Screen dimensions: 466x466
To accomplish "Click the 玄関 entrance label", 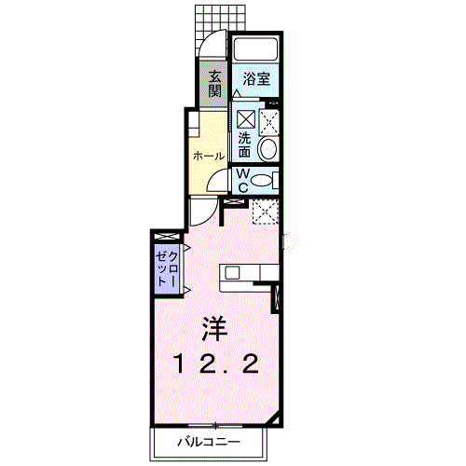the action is [x=215, y=84].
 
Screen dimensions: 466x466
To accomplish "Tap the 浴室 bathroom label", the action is [x=256, y=79].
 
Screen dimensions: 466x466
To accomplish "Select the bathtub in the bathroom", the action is [x=255, y=49].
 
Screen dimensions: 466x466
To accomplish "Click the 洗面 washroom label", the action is [x=244, y=145].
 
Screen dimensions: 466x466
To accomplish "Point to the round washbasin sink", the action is [x=268, y=149].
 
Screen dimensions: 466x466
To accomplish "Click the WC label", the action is [x=243, y=181].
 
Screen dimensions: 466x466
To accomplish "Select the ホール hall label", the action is [x=209, y=156].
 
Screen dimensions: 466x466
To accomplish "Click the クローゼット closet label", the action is [x=167, y=269].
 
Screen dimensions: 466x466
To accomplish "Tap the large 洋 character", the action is [x=214, y=329].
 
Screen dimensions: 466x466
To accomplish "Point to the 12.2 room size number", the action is [x=217, y=364].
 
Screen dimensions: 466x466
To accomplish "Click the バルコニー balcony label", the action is [x=209, y=442].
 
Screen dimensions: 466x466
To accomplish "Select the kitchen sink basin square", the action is [x=232, y=273].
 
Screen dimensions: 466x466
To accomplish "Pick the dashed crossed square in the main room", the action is [x=265, y=212].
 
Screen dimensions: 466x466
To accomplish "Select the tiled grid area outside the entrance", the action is [x=219, y=21].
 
